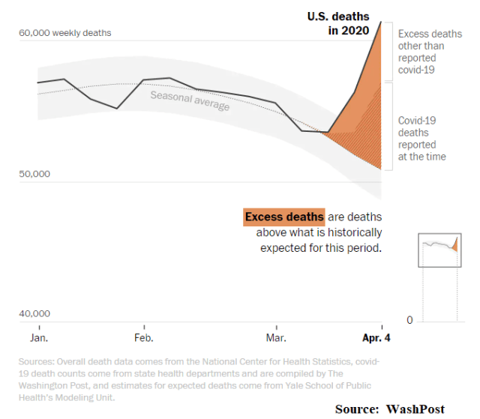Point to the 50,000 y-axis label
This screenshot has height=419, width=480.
coord(34,174)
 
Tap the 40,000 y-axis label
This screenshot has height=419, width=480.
coord(34,314)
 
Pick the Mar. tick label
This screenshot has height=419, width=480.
coord(276,338)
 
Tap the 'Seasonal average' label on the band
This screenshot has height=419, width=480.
coord(190,100)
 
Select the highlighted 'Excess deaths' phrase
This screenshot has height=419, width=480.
coord(285,217)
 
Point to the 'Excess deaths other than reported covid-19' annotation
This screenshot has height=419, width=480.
coord(430,52)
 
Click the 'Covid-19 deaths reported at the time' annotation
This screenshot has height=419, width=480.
coord(422,138)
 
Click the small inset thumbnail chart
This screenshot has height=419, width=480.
coord(439,249)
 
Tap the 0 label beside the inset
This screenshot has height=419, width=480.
coord(409,320)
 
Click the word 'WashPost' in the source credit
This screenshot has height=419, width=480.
coord(415,409)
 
